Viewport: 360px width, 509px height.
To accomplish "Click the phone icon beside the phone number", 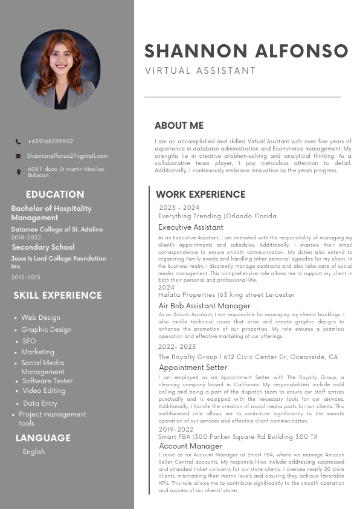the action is coord(18,141).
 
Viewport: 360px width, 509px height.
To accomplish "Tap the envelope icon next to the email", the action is coord(18,156).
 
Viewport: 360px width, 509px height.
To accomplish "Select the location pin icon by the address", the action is coord(18,172).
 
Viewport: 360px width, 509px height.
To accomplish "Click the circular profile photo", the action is coord(60,70).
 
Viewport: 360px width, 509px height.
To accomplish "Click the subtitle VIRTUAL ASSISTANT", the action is coord(201,71).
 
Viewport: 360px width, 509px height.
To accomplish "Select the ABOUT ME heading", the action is coord(179,126).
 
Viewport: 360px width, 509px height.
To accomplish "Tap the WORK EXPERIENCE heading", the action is coord(201,195).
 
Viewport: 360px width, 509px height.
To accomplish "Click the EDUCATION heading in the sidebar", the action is coord(55,195).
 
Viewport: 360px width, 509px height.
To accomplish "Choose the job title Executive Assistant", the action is coord(191,227).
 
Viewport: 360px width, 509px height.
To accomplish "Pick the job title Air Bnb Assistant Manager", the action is coord(204,306).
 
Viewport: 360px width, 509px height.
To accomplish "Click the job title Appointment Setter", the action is coord(193,368).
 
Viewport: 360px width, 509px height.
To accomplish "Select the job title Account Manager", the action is coord(190,446).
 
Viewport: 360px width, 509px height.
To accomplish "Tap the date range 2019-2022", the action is coord(176,429).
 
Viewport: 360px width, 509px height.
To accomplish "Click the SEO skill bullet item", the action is coord(29,341).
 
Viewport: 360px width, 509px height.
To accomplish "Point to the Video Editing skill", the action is coord(44,391).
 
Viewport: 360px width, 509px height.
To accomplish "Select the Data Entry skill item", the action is coord(40,403).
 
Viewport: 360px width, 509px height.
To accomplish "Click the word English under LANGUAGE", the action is coord(34,452).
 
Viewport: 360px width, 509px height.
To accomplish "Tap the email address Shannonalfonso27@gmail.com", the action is coord(67,156).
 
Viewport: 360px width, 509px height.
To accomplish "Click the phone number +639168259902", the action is coord(50,141).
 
